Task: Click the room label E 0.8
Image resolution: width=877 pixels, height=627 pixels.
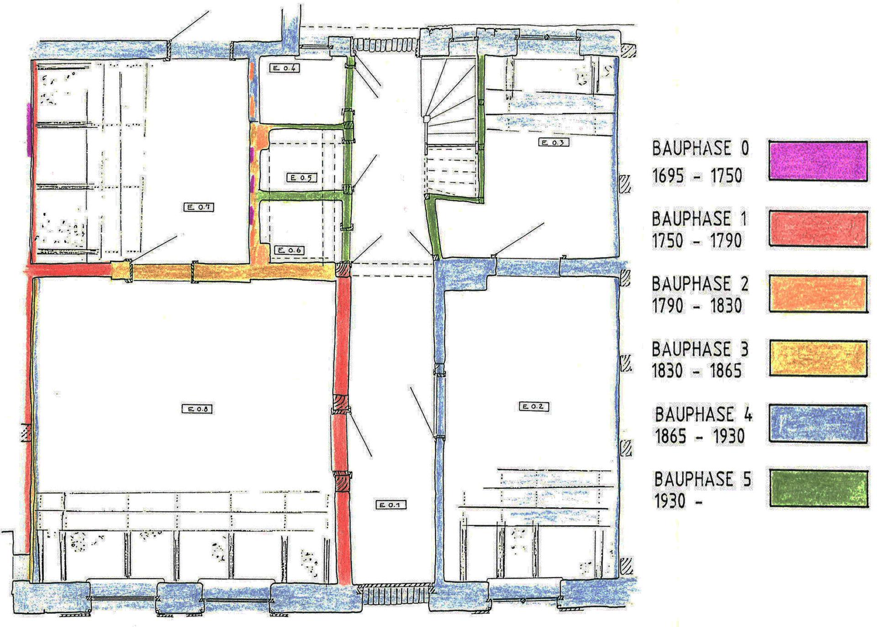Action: tap(197, 409)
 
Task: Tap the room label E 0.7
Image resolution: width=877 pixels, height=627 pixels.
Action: tap(198, 207)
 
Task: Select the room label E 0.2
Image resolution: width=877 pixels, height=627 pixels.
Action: tap(534, 406)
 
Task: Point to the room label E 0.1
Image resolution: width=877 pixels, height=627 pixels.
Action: tap(391, 505)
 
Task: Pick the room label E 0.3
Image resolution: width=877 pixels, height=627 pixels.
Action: tap(554, 142)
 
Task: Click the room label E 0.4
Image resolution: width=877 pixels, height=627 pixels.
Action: tap(285, 68)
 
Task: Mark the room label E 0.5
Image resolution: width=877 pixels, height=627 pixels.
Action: tap(301, 177)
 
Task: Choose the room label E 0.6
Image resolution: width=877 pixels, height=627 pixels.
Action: tap(289, 250)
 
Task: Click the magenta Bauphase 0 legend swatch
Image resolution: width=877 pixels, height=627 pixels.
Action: tap(818, 161)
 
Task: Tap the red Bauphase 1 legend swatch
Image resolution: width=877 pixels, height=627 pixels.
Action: tap(818, 229)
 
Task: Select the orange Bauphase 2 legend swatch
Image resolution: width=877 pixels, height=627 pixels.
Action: tap(818, 294)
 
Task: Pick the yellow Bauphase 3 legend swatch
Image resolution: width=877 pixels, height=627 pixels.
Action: tap(818, 358)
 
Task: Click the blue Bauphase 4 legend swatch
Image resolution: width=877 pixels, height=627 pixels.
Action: tap(818, 424)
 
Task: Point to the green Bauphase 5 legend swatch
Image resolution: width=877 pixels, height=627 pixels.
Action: tap(818, 489)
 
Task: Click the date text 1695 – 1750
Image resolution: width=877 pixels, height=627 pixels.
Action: tap(697, 175)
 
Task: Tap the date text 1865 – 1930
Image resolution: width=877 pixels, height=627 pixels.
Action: tap(700, 436)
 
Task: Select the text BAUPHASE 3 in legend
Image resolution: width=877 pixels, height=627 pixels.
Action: tap(700, 349)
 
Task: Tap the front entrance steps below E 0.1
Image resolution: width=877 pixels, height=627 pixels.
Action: tap(394, 595)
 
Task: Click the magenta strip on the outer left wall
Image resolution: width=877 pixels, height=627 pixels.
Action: tap(29, 130)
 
